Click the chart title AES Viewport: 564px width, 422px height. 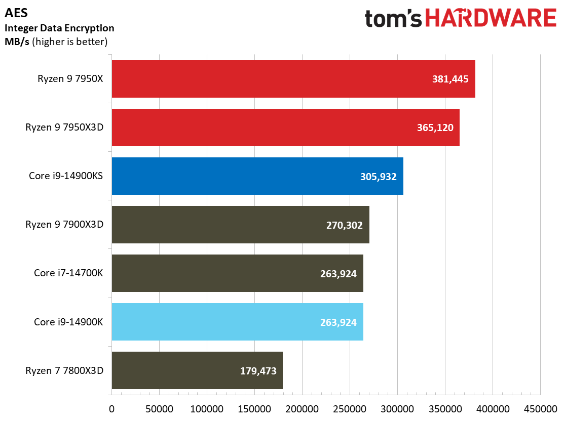click(x=16, y=13)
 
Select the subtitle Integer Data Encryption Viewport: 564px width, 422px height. click(x=59, y=28)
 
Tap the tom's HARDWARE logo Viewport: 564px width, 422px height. click(x=461, y=18)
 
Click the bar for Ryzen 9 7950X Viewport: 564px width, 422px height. click(x=293, y=79)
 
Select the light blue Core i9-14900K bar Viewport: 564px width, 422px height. click(x=237, y=322)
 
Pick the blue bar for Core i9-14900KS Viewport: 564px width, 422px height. click(x=257, y=176)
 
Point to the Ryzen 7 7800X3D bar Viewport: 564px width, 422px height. click(x=197, y=370)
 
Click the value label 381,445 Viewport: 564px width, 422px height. click(x=450, y=79)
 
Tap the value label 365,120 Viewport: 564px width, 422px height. click(x=435, y=128)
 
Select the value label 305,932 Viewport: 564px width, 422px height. click(x=379, y=177)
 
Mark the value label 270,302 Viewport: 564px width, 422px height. click(x=344, y=225)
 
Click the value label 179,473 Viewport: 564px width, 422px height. click(x=258, y=371)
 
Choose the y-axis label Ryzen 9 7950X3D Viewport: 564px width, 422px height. click(x=64, y=127)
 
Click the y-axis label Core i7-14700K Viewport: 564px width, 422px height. click(x=68, y=273)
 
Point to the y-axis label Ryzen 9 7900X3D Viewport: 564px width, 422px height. click(x=64, y=225)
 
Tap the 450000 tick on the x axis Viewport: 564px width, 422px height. click(x=540, y=409)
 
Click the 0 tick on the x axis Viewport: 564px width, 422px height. click(x=112, y=409)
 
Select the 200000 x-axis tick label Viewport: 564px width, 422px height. click(x=302, y=409)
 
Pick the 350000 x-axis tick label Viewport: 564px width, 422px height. click(x=445, y=409)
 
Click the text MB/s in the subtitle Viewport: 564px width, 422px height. click(x=17, y=41)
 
